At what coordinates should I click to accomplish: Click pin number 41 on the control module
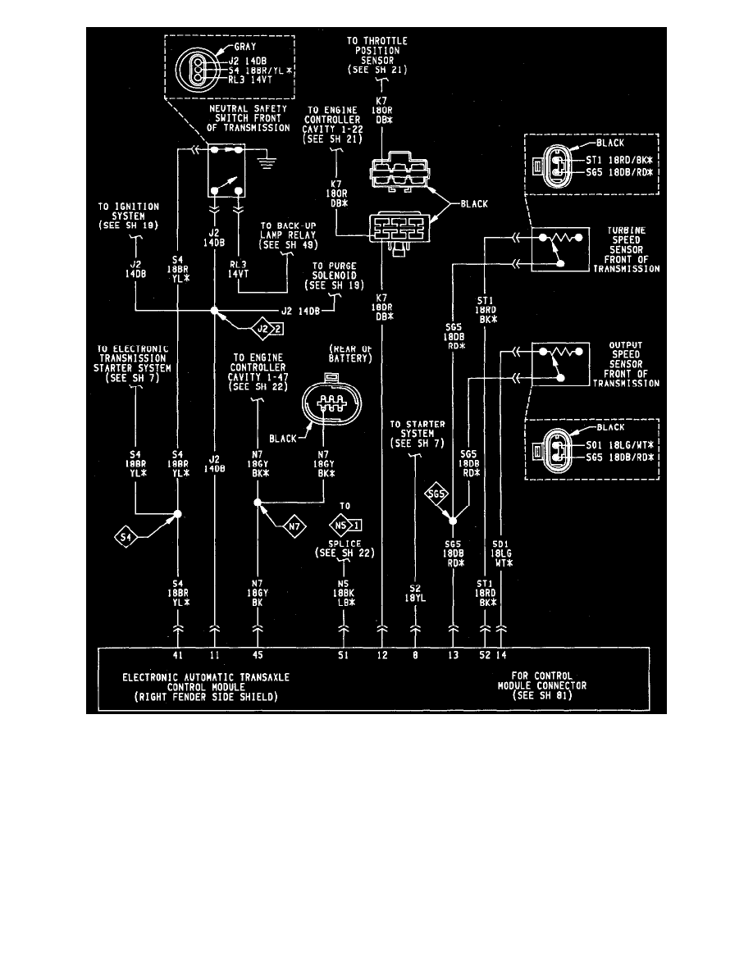click(x=177, y=656)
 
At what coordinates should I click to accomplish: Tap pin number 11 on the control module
click(x=215, y=656)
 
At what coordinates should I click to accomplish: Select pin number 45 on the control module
click(x=258, y=656)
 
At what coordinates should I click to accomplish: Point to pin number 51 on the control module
click(x=344, y=656)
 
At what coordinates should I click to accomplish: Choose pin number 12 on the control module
click(x=381, y=656)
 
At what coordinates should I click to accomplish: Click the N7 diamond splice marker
click(x=295, y=524)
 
